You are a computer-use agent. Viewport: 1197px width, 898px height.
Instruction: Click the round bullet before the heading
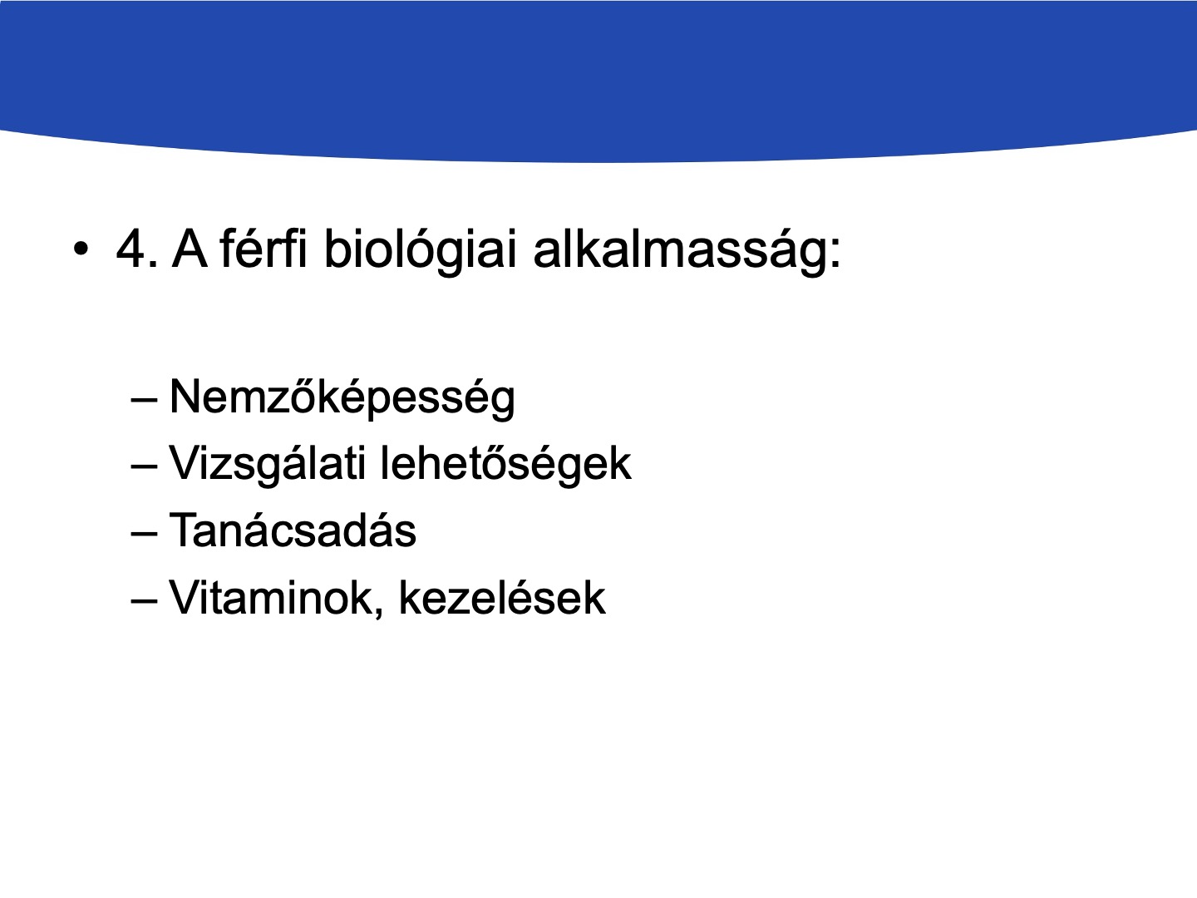[x=81, y=249]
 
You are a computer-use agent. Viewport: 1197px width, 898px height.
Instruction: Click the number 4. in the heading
[x=137, y=249]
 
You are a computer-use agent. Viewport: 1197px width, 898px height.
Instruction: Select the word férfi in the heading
[x=264, y=248]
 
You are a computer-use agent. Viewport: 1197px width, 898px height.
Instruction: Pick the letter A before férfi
[x=190, y=249]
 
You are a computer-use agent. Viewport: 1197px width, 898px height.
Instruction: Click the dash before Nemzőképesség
[x=145, y=402]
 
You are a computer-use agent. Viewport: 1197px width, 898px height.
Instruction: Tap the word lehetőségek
[x=505, y=463]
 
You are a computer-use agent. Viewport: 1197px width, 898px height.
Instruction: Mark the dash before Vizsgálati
[x=145, y=468]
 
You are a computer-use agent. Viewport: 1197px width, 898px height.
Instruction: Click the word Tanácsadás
[x=293, y=530]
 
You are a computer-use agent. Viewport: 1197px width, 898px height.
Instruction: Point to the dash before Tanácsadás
[x=145, y=535]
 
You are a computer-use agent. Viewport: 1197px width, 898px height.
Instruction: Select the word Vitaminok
[x=271, y=598]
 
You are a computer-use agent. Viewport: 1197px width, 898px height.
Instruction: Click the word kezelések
[x=502, y=598]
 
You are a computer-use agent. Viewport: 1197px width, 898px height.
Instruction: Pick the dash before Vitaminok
[x=145, y=602]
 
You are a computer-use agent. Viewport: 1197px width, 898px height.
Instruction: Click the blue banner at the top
[x=598, y=76]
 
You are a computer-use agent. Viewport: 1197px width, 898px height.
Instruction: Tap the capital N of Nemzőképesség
[x=183, y=397]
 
